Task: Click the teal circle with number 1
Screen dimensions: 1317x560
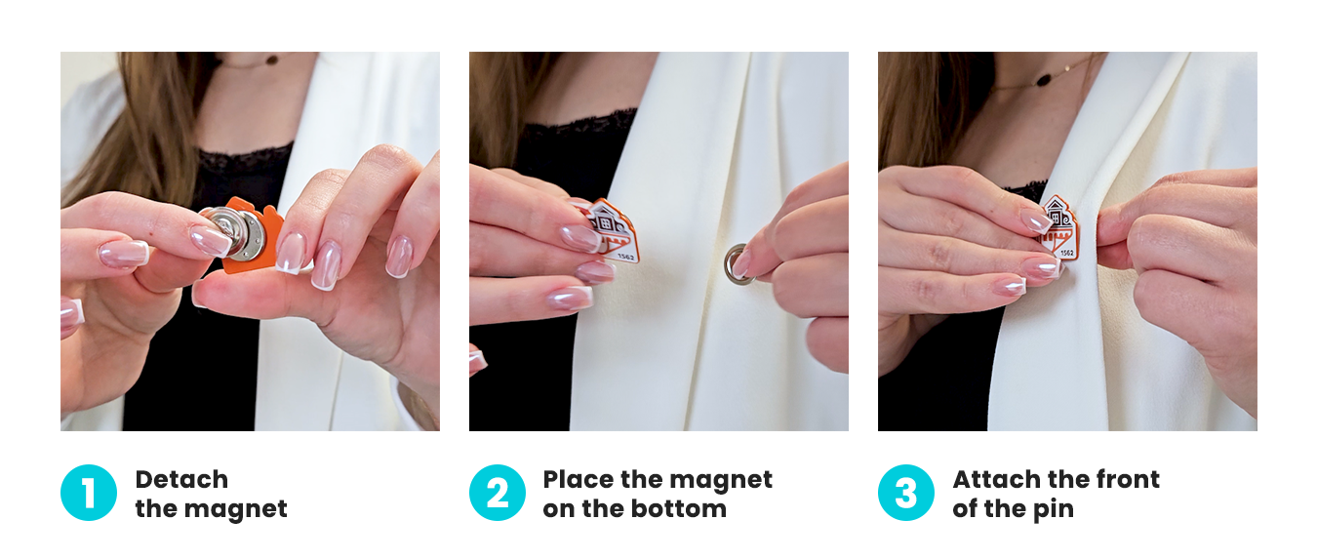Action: click(89, 493)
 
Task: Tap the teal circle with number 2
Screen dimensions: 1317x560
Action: click(498, 493)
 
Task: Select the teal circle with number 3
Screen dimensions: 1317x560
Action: click(906, 493)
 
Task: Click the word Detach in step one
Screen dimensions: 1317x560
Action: click(181, 479)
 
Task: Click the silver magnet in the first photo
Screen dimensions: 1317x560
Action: click(235, 232)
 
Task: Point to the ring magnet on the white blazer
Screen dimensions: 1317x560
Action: click(738, 263)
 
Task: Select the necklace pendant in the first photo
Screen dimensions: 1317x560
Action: click(272, 60)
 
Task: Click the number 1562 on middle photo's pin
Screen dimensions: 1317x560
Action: click(626, 257)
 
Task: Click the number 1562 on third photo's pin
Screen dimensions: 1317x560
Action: click(1066, 253)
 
